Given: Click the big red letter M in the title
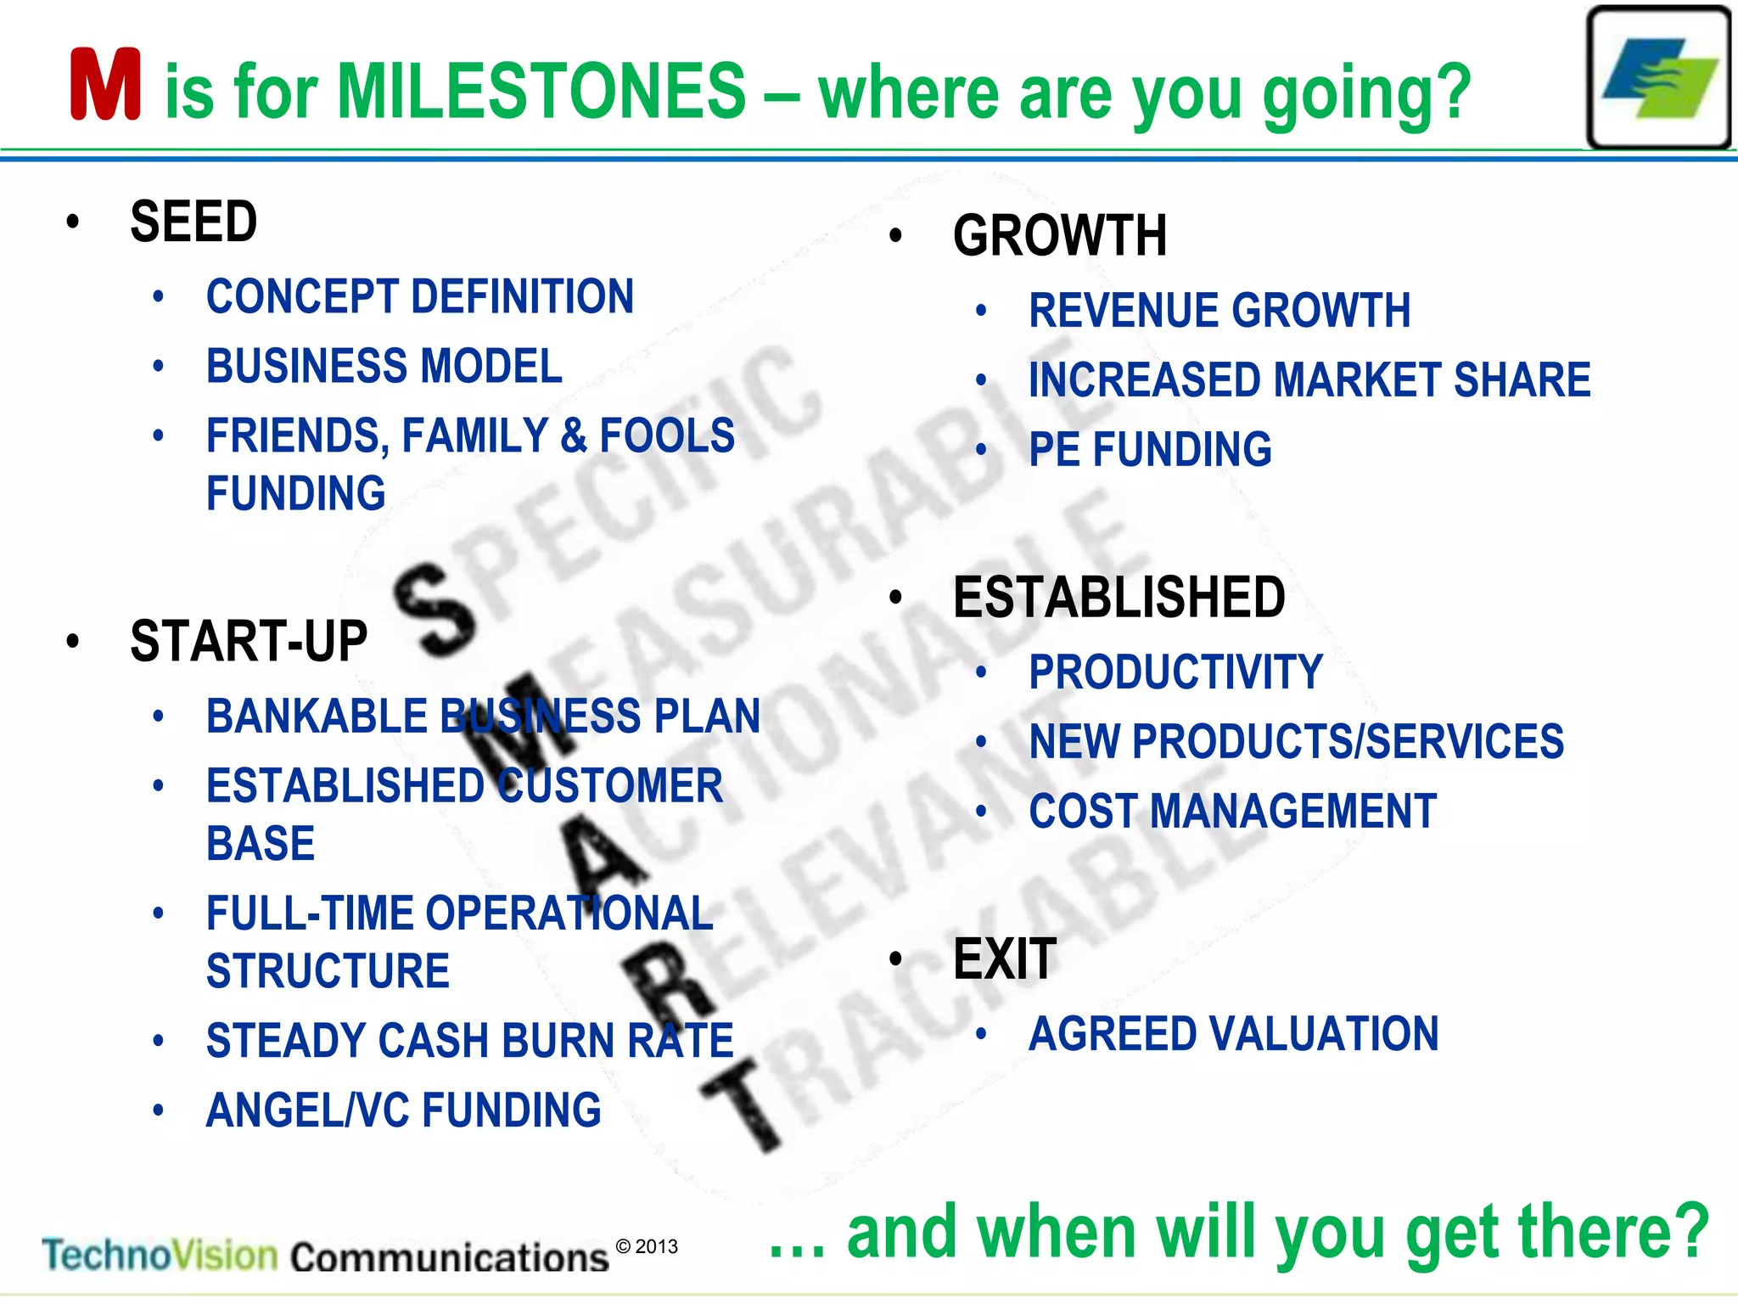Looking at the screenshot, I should [x=105, y=85].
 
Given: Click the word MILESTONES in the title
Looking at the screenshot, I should [x=541, y=91].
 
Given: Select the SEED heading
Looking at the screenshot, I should [x=193, y=222].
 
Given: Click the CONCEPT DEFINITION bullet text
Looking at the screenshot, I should [x=419, y=297].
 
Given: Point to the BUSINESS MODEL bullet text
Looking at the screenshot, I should [x=384, y=367].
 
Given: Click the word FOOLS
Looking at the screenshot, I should [x=667, y=436].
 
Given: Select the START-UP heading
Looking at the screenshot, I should [x=248, y=641].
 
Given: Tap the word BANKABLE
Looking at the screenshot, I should [x=316, y=717].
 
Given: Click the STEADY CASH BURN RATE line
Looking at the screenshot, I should [x=469, y=1041].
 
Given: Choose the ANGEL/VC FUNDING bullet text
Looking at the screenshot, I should [x=403, y=1110].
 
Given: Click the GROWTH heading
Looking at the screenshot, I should [x=1059, y=236].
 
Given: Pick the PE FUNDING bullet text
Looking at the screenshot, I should [x=1150, y=450].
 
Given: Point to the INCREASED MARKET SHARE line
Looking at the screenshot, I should [x=1309, y=380].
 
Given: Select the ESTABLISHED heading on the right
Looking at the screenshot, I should [x=1118, y=598].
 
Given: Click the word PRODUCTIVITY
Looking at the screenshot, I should [x=1175, y=672].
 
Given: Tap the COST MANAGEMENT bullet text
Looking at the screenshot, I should [x=1232, y=812].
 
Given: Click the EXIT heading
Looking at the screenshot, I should [x=1005, y=959].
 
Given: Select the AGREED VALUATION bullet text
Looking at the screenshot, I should [x=1233, y=1034].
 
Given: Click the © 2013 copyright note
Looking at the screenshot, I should [x=647, y=1246].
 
